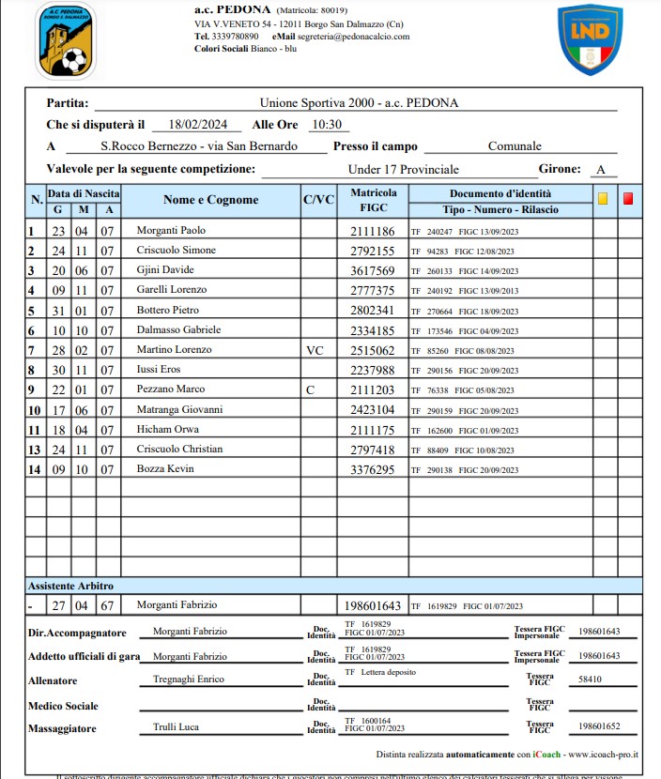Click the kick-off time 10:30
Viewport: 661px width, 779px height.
point(327,124)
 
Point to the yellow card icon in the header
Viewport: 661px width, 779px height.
point(603,198)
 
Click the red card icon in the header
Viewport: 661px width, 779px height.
point(628,198)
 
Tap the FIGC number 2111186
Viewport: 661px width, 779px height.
point(373,231)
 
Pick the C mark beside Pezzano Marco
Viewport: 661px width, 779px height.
point(312,389)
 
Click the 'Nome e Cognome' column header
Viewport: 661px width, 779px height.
point(210,200)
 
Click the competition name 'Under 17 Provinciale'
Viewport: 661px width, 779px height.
point(403,170)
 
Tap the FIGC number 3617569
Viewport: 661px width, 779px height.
point(373,270)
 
